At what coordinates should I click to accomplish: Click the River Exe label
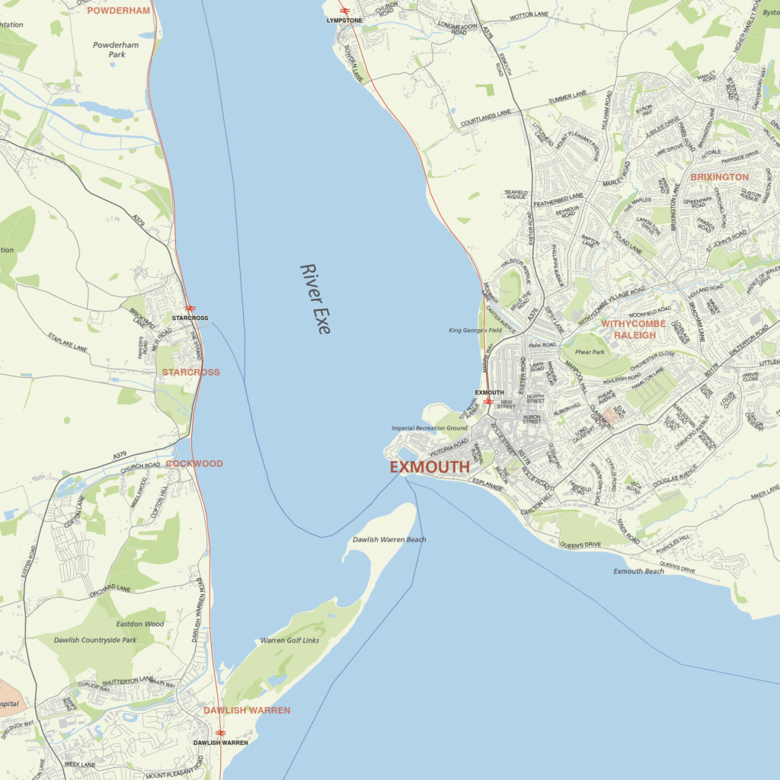tap(315, 299)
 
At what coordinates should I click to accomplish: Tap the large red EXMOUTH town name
tap(430, 467)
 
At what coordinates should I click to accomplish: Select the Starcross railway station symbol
tap(190, 308)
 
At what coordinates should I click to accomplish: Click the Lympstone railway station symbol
tap(344, 11)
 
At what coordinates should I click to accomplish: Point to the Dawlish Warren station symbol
tap(220, 733)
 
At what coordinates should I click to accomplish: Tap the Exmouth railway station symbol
tap(488, 401)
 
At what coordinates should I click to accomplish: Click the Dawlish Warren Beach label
tap(389, 539)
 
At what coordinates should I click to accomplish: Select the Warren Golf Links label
tap(289, 641)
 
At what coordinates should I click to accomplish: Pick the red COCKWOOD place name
tap(194, 463)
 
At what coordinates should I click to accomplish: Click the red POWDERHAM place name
tap(118, 11)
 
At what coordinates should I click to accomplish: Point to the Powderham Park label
tap(116, 50)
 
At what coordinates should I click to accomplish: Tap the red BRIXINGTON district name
tap(719, 177)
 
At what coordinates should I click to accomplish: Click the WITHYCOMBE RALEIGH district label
tap(634, 329)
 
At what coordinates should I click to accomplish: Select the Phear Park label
tap(590, 352)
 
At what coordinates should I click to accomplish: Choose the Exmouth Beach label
tap(638, 571)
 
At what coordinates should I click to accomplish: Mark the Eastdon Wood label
tap(140, 624)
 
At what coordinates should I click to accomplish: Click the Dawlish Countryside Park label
tap(95, 640)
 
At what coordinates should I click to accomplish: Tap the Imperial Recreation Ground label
tap(429, 428)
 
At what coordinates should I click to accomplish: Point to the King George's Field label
tap(475, 330)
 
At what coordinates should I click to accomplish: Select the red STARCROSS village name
tap(190, 372)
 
